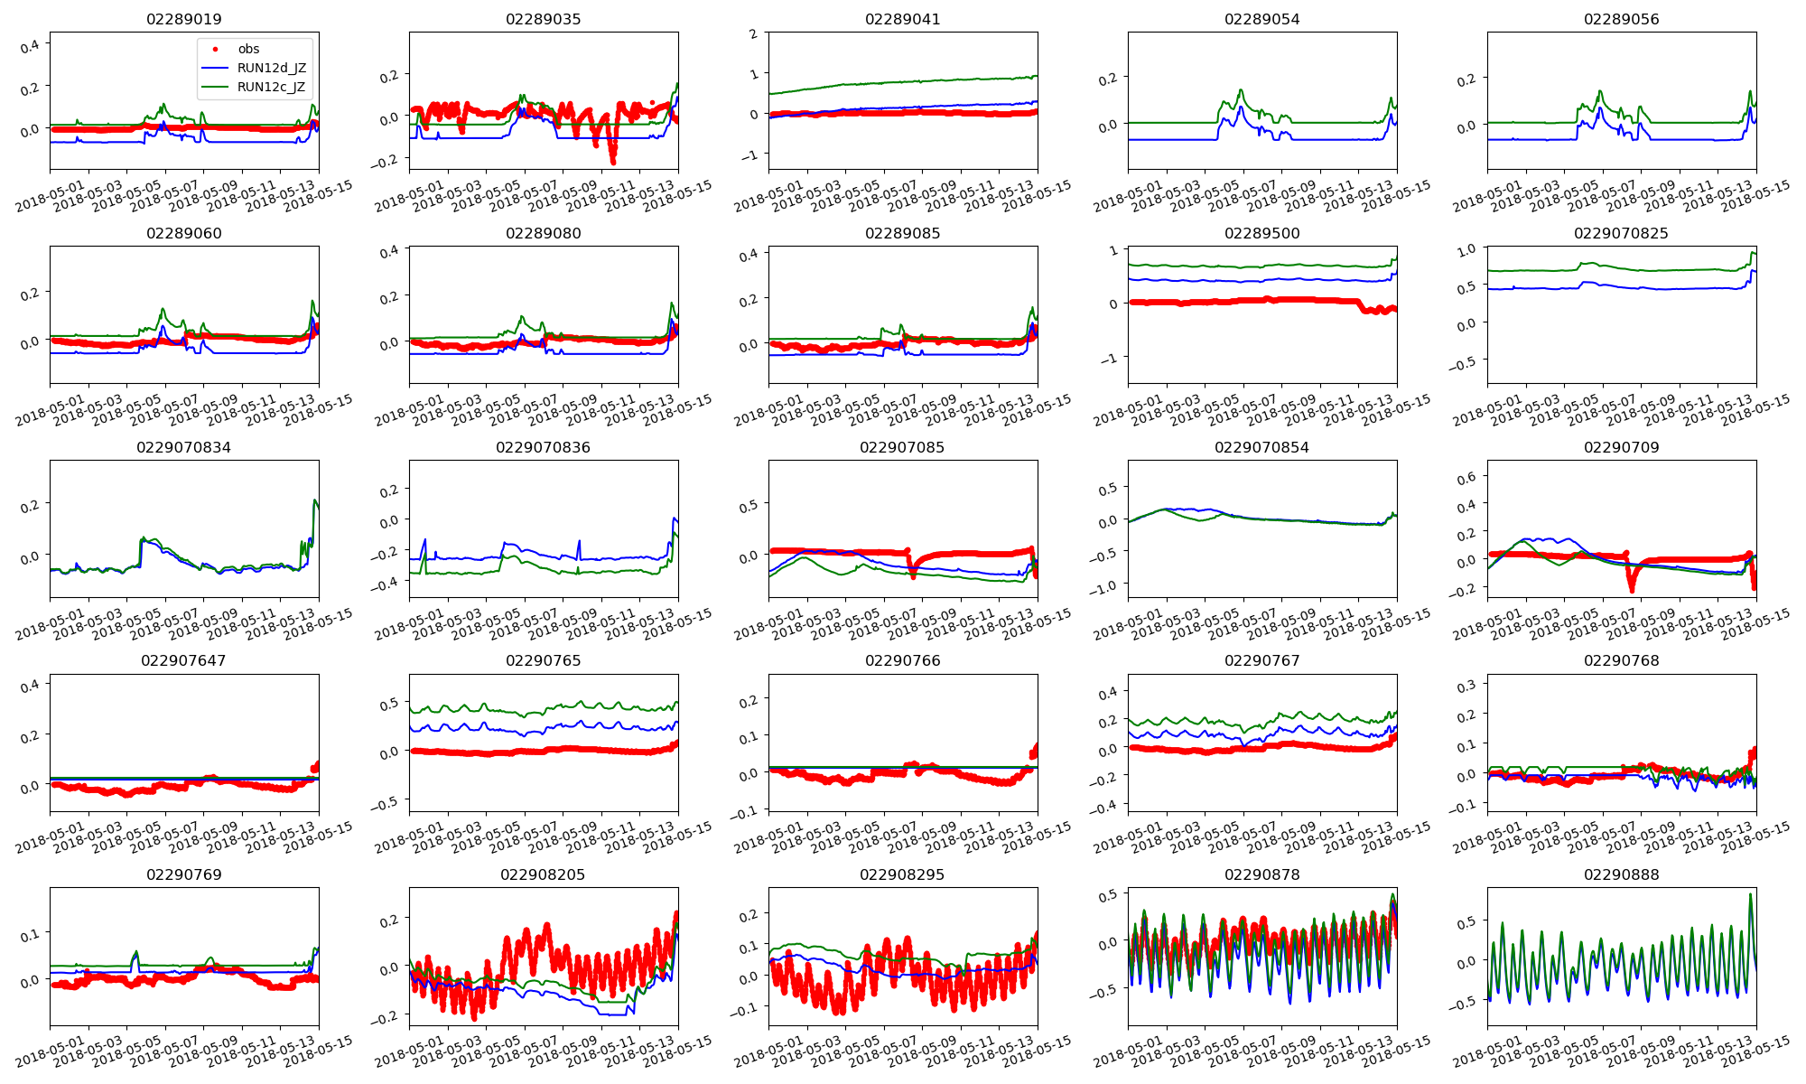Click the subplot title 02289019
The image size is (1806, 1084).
tap(184, 19)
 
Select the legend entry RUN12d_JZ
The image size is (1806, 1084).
tap(272, 68)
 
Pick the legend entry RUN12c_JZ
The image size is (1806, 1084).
tap(271, 87)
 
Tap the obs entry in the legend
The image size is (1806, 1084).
tap(248, 49)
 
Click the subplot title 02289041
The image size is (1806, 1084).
tap(903, 19)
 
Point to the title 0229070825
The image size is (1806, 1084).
tap(1621, 233)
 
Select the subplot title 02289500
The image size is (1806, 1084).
tap(1262, 233)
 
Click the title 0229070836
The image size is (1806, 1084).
tap(544, 447)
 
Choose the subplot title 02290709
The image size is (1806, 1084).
tap(1622, 447)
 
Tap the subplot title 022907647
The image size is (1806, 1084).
tap(184, 660)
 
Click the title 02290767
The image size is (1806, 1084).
tap(1262, 660)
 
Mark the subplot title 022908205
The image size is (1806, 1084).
tap(544, 874)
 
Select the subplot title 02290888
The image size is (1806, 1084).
tap(1622, 874)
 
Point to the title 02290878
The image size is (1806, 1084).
tap(1262, 874)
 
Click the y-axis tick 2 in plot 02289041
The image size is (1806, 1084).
tap(753, 33)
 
